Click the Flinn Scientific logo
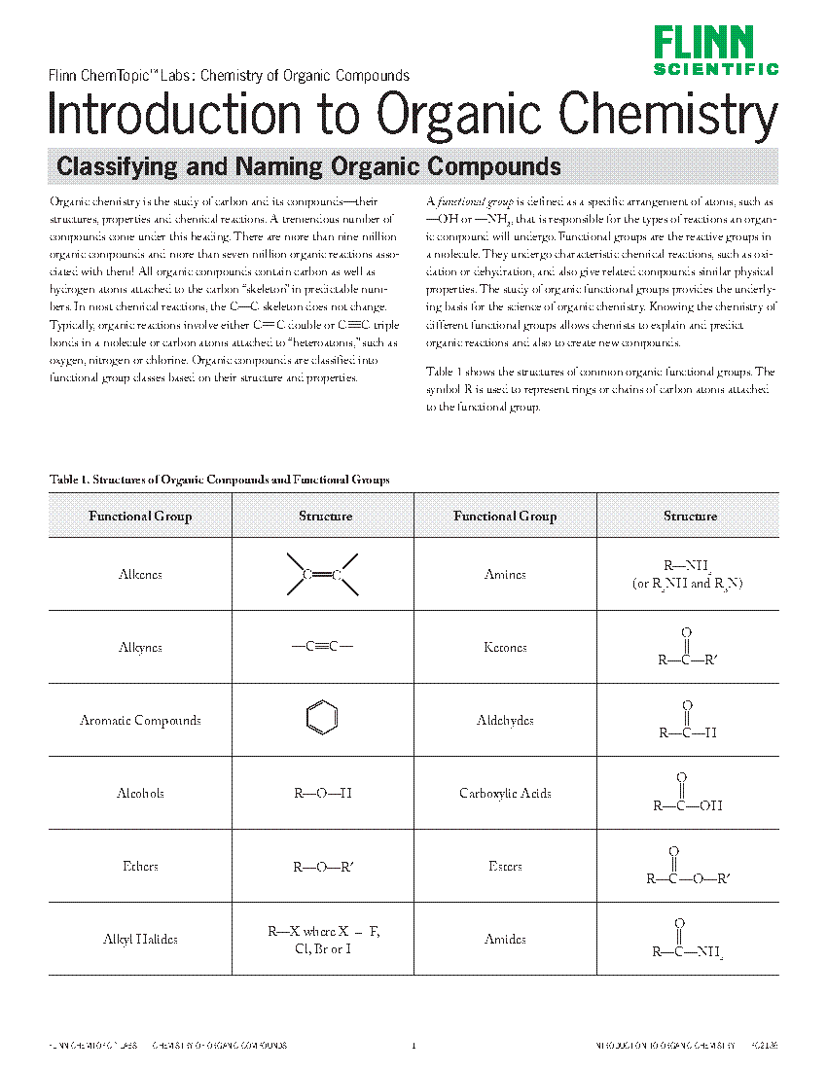click(715, 51)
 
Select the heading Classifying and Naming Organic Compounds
click(308, 166)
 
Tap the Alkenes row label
click(140, 575)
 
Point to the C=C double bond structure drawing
click(323, 575)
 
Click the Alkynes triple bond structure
click(323, 647)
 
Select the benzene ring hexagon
click(322, 720)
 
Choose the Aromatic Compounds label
click(140, 721)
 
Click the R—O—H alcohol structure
click(323, 794)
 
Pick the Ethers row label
click(140, 867)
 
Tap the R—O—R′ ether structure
click(323, 867)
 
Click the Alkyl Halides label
click(140, 940)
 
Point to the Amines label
click(505, 575)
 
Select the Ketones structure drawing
click(688, 648)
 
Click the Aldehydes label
click(505, 721)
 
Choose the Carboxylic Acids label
click(505, 794)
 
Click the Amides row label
click(505, 940)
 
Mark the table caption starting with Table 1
click(219, 480)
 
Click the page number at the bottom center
click(413, 1047)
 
